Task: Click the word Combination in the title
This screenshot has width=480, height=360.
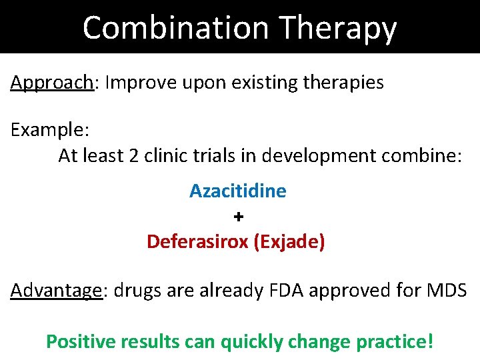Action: pyautogui.click(x=175, y=28)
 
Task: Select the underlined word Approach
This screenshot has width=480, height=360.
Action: pyautogui.click(x=51, y=83)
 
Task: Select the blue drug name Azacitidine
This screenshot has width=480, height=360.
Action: pyautogui.click(x=238, y=191)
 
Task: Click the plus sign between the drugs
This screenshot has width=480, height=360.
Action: pyautogui.click(x=239, y=217)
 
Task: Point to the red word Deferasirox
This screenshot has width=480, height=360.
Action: pyautogui.click(x=198, y=241)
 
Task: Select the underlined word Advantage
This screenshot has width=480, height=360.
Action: pyautogui.click(x=56, y=291)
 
